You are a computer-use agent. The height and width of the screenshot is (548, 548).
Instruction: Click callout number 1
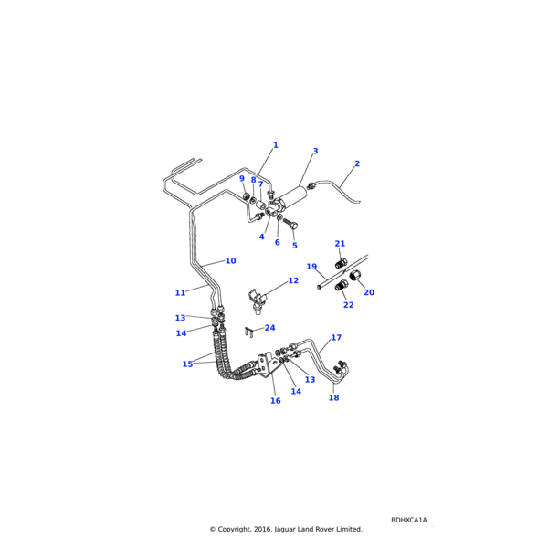pyautogui.click(x=275, y=145)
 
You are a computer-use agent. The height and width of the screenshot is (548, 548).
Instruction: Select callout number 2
pyautogui.click(x=357, y=164)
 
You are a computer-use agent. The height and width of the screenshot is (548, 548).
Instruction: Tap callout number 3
pyautogui.click(x=315, y=152)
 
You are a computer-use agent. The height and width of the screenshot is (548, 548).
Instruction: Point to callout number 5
pyautogui.click(x=294, y=246)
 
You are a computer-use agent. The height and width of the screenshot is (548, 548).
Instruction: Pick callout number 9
pyautogui.click(x=242, y=179)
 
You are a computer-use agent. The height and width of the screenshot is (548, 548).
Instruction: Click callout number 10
pyautogui.click(x=230, y=261)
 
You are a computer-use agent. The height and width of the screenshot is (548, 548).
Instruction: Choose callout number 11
pyautogui.click(x=180, y=293)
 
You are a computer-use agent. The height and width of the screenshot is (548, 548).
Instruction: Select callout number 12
pyautogui.click(x=293, y=281)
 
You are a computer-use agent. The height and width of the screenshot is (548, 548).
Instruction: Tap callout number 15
pyautogui.click(x=187, y=364)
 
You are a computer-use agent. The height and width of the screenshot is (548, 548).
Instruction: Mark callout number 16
pyautogui.click(x=275, y=401)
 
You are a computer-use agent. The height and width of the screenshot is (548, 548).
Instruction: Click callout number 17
pyautogui.click(x=336, y=338)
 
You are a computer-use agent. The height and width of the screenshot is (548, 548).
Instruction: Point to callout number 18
pyautogui.click(x=333, y=398)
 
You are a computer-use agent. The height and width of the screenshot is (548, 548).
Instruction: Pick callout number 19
pyautogui.click(x=311, y=268)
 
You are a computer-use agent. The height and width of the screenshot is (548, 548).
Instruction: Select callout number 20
pyautogui.click(x=369, y=293)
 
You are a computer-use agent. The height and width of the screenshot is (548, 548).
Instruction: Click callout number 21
pyautogui.click(x=340, y=244)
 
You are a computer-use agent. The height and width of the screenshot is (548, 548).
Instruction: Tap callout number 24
pyautogui.click(x=269, y=328)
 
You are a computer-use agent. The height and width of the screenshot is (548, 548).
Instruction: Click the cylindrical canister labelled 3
pyautogui.click(x=294, y=195)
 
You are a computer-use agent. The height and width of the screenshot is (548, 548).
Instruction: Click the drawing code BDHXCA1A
pyautogui.click(x=408, y=520)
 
